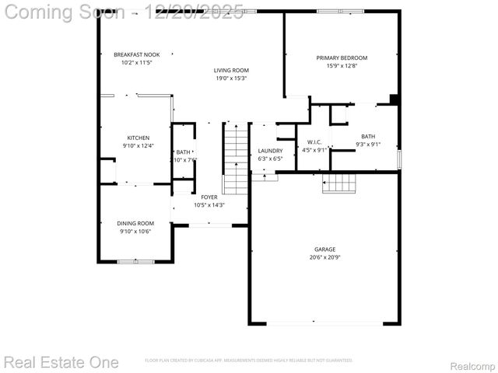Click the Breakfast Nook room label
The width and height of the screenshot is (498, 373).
136,54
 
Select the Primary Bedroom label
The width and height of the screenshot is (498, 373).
342,58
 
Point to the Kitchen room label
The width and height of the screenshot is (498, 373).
139,138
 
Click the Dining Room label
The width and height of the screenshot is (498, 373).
135,223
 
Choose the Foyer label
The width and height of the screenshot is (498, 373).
209,197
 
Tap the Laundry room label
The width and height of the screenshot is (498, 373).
270,151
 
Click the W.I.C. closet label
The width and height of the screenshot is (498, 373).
314,142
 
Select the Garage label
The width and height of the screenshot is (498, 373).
324,249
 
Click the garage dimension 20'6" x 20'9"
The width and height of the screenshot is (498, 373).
324,257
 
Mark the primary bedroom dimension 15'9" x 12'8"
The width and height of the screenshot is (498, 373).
342,65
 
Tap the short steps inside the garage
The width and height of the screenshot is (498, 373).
339,183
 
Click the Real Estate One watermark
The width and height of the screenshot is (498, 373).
61,362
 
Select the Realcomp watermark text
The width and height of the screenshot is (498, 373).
472,365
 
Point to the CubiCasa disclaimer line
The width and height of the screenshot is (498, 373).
249,361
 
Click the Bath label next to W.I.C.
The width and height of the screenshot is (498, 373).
368,136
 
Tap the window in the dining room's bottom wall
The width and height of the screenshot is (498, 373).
135,262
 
